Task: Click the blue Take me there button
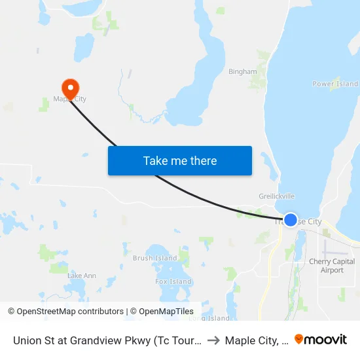[180, 160]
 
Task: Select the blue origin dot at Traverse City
[291, 220]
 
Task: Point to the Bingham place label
[242, 71]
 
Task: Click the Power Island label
[335, 84]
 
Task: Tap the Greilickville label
[277, 196]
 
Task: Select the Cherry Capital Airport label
[332, 266]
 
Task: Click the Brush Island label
[155, 258]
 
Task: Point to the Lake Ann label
[82, 276]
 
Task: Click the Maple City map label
[69, 99]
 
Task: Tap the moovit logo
[321, 340]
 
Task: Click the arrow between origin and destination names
[213, 340]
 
